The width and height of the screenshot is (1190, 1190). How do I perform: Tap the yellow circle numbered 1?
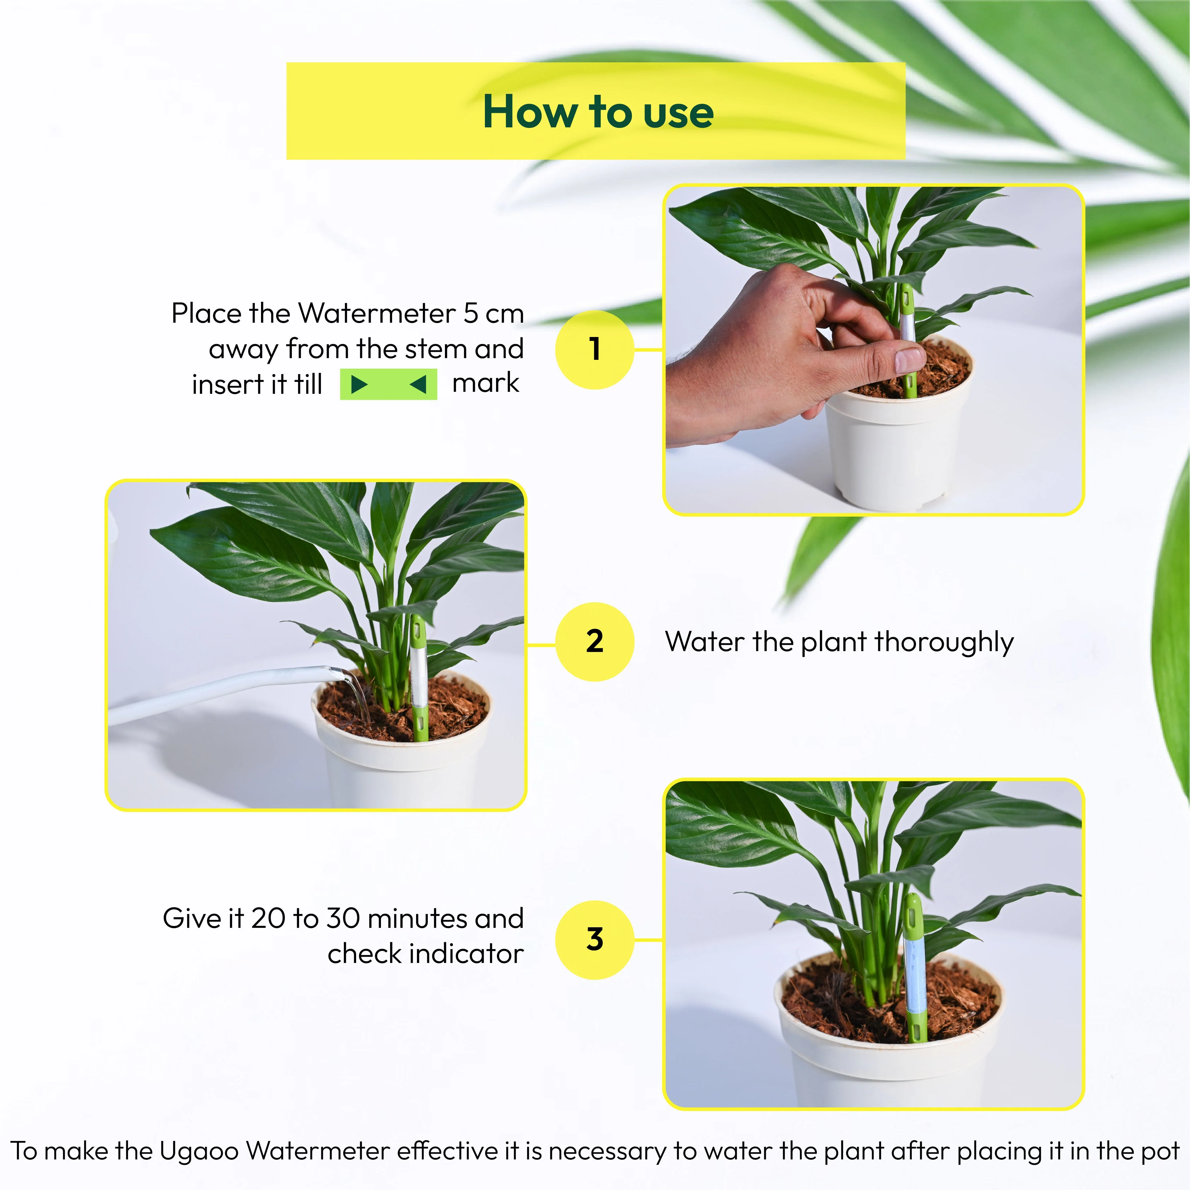coord(594,349)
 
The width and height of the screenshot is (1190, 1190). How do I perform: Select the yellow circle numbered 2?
coord(594,641)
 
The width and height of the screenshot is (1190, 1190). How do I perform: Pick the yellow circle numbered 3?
coord(594,939)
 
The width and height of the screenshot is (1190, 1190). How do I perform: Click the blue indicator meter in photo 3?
coord(914,976)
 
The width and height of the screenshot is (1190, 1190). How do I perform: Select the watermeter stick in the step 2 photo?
coord(419,678)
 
